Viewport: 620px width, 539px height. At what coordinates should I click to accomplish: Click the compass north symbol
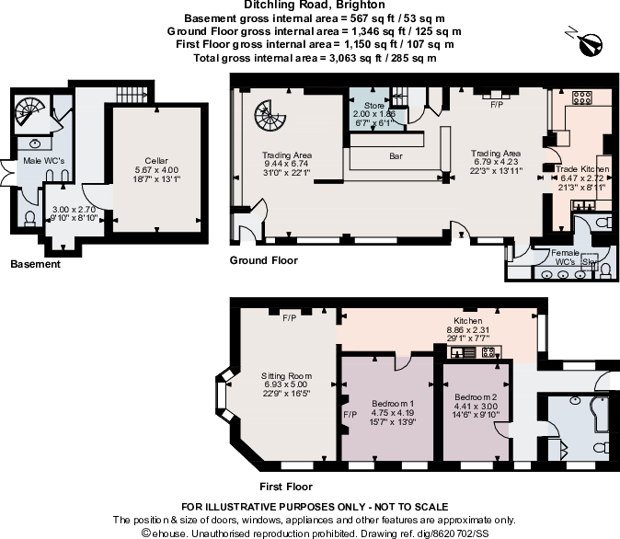tap(586, 40)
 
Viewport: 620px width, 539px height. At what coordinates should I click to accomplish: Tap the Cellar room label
tap(155, 159)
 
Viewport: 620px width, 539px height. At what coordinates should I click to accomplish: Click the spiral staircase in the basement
tap(29, 116)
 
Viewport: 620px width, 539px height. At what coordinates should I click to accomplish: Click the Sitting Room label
tap(287, 375)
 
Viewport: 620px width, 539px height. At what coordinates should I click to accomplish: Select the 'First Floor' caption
tap(286, 487)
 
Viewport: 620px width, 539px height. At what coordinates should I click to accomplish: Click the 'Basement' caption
tap(34, 265)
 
